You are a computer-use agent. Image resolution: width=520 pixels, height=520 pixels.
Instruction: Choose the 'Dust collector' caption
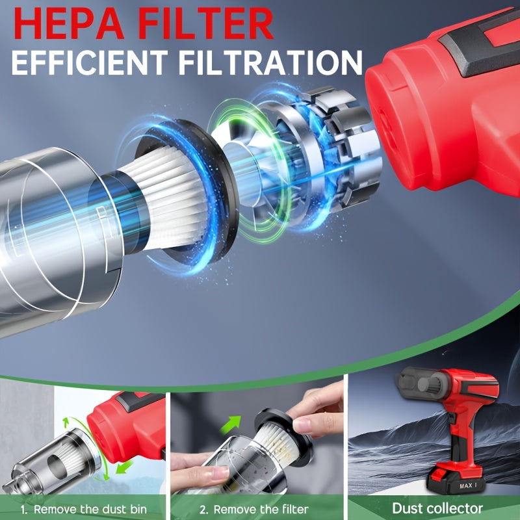point(437,508)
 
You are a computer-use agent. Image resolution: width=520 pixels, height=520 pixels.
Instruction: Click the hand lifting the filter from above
point(318,409)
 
